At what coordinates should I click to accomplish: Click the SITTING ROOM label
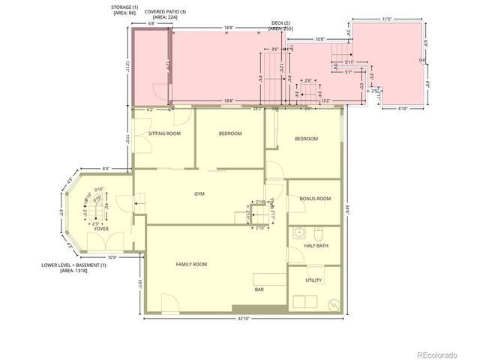point(164,133)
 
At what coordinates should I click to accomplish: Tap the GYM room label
point(199,194)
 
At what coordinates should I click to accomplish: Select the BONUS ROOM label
point(314,199)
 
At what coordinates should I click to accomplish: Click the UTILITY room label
point(313,280)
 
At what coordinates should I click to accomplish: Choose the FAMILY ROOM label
point(191,264)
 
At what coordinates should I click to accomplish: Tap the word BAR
point(258,288)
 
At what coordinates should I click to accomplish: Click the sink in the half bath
point(298,231)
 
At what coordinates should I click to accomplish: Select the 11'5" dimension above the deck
point(388,18)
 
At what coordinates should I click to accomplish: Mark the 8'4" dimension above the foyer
point(106,168)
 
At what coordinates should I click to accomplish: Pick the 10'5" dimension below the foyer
point(111,257)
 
